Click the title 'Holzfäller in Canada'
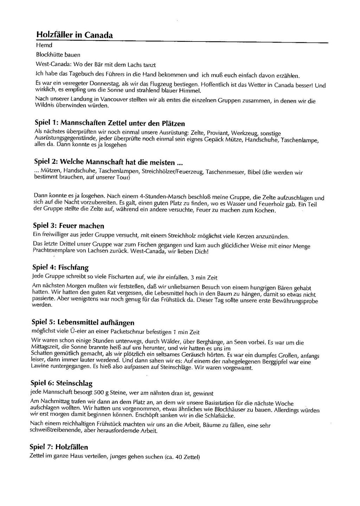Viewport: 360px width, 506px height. coord(74,35)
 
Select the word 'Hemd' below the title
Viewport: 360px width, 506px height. coord(44,45)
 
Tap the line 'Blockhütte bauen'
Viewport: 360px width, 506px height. coord(58,55)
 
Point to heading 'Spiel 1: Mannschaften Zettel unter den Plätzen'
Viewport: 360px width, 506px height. coord(110,123)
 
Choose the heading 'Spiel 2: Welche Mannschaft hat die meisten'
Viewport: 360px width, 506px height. coord(109,162)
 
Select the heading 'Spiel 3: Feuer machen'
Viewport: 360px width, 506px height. coord(69,226)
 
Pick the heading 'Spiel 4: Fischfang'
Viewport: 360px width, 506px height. coord(60,267)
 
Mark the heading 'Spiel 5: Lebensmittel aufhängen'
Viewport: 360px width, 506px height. coord(83,322)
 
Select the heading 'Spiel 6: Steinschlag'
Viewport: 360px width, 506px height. coord(62,383)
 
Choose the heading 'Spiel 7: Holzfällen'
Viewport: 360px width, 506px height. coord(59,447)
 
